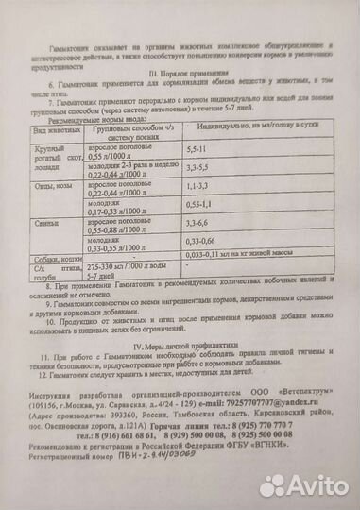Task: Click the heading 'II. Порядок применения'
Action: (179, 70)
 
